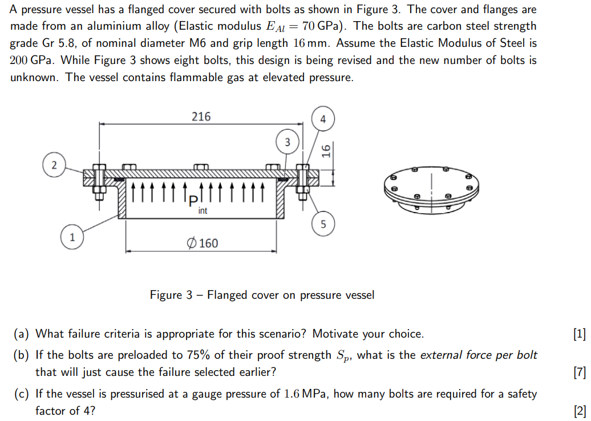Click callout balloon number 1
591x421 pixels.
click(72, 237)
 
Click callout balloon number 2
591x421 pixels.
click(54, 165)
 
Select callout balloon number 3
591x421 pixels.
click(287, 141)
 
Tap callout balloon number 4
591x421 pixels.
click(323, 119)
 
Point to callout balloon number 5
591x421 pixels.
click(323, 224)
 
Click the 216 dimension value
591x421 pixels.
click(201, 117)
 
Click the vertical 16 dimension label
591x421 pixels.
click(326, 151)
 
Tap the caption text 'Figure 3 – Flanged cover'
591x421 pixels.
click(262, 295)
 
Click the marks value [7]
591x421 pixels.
click(579, 372)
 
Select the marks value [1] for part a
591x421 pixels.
click(579, 334)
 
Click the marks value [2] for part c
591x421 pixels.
click(579, 411)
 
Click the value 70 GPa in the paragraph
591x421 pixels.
click(323, 26)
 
